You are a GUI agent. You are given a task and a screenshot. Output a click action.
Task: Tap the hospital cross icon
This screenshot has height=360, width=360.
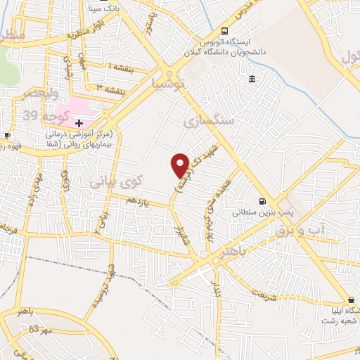[x=79, y=122]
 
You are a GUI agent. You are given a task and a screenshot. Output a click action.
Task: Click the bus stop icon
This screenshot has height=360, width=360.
[x=224, y=31]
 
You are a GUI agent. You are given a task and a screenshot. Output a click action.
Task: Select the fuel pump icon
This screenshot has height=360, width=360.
[x=262, y=200]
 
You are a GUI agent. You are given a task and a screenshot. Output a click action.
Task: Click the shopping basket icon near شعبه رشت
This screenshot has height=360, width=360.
[x=350, y=298]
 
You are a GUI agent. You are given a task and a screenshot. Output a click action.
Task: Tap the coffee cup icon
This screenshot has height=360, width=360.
[x=7, y=135]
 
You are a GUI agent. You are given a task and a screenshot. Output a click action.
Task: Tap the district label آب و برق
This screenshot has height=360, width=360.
[x=321, y=228]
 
